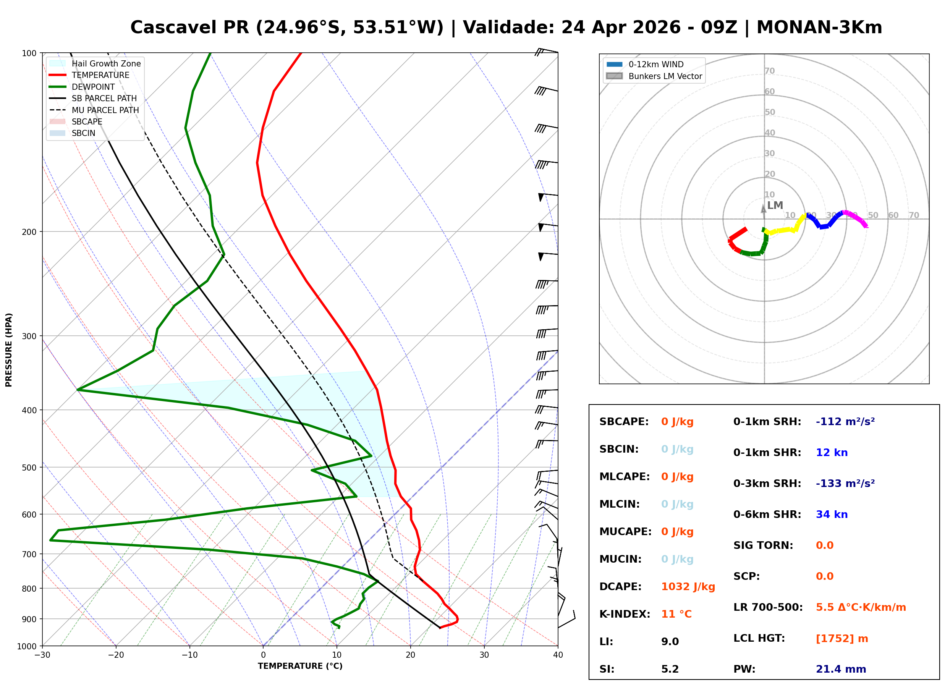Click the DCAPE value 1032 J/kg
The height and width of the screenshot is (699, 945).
(688, 586)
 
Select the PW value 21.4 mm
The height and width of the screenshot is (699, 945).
(840, 669)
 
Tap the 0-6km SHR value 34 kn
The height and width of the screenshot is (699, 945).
(831, 514)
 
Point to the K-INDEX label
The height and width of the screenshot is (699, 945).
(625, 614)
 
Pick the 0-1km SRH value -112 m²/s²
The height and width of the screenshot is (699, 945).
(845, 421)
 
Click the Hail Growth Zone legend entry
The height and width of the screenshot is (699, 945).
(106, 63)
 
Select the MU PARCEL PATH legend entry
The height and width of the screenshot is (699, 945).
(105, 110)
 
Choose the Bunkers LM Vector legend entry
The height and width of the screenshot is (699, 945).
(665, 76)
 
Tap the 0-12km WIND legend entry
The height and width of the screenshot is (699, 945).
(656, 64)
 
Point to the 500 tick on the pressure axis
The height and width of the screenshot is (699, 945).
(29, 468)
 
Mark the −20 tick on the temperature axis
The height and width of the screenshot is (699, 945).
(116, 655)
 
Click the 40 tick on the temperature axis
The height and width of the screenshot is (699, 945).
(558, 655)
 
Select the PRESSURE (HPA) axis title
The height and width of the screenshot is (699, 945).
(9, 349)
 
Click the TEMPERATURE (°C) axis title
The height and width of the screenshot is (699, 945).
(300, 666)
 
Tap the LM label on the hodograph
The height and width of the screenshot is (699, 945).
(775, 205)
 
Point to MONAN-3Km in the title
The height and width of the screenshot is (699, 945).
(819, 28)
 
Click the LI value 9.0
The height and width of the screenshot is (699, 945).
(670, 641)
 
